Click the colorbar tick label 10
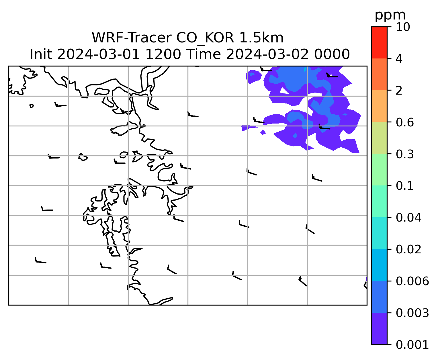403,27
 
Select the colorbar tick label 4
399,59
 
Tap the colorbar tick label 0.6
405,122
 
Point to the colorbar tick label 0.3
405,154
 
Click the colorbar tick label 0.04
408,218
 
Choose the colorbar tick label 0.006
412,281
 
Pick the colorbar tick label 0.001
412,345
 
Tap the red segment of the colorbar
379,42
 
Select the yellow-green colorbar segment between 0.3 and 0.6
379,138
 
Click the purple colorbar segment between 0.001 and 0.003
379,328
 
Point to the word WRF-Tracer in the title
132,38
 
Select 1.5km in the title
261,38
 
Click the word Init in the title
41,54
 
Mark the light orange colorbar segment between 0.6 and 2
379,106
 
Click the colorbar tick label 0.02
408,249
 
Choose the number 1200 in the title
163,54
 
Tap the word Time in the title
203,54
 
